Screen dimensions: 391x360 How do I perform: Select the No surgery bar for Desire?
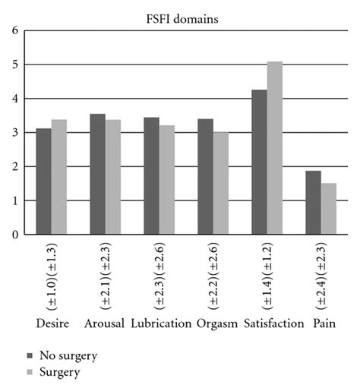pos(43,182)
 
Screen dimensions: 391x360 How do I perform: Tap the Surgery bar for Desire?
pos(59,178)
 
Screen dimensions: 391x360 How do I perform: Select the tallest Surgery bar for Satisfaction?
pos(275,148)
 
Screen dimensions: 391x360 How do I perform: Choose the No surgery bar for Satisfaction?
pos(259,162)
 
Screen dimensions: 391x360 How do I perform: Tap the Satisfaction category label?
pos(267,324)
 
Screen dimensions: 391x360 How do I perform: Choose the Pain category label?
pos(321,324)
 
